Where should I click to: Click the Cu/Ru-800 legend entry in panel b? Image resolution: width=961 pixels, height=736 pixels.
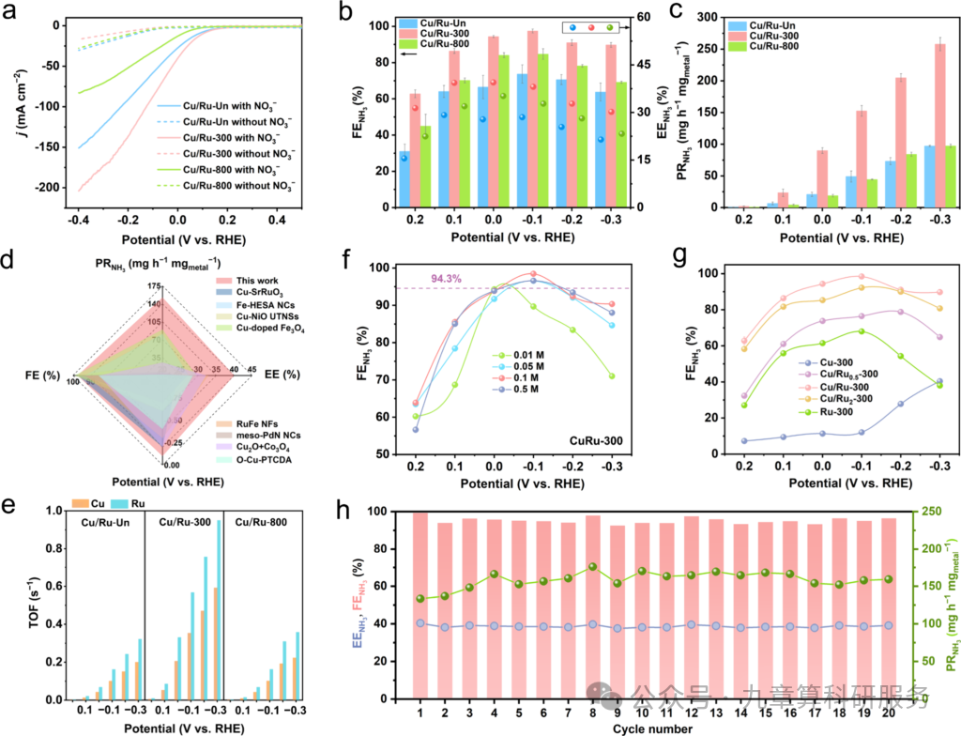445,45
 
